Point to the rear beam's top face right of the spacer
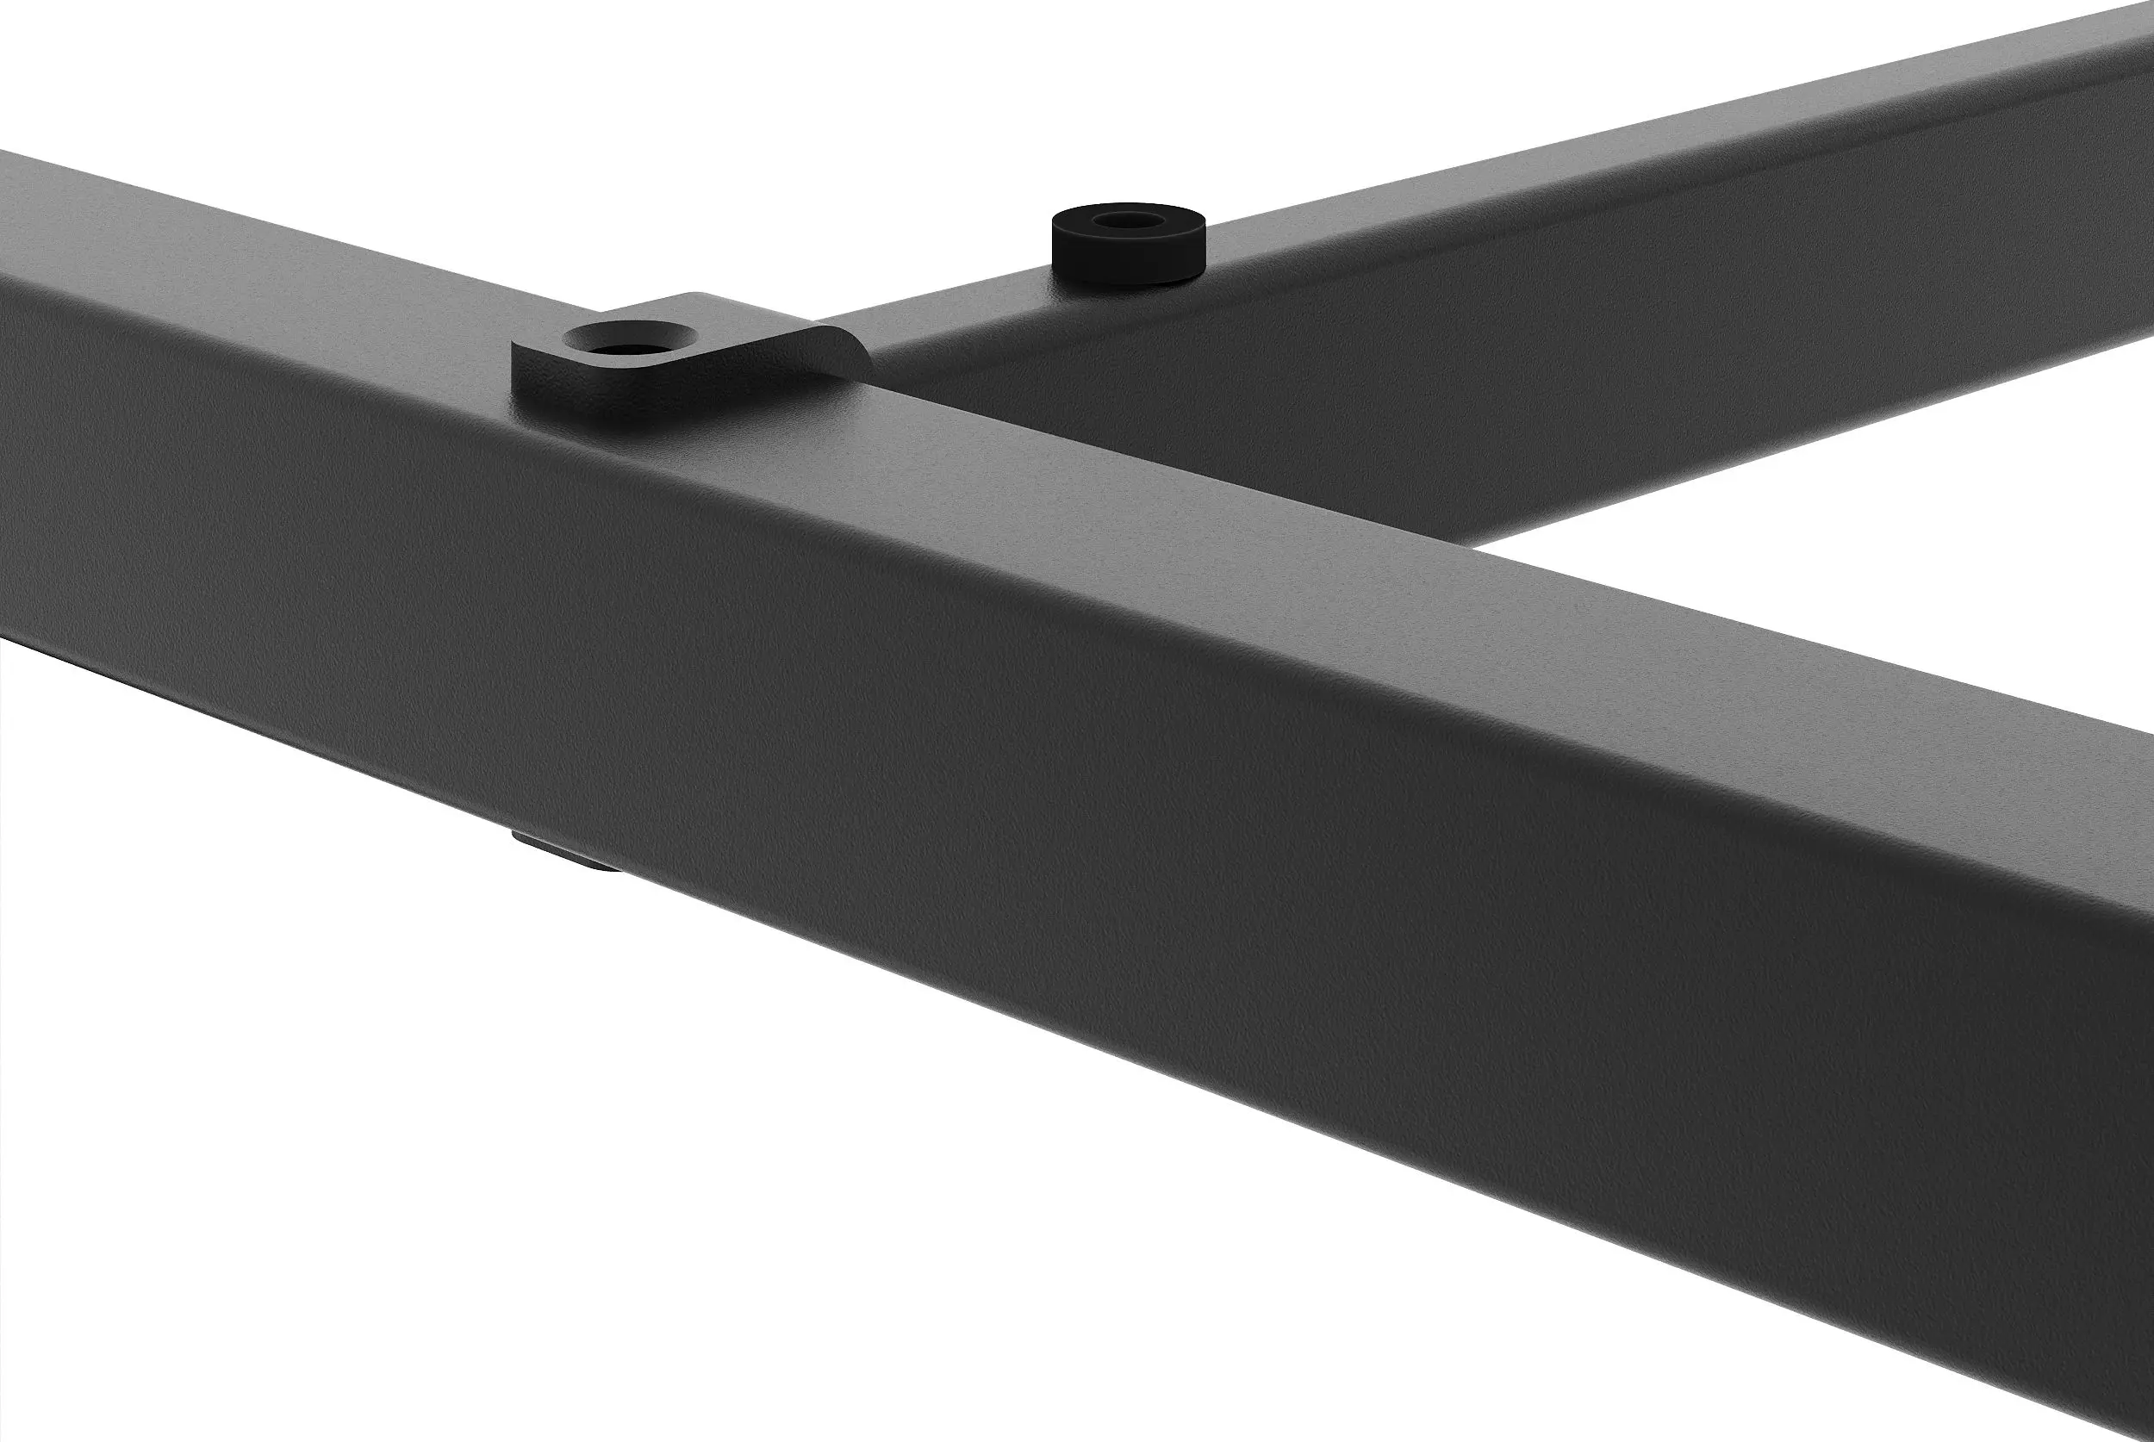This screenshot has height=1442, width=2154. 1564,184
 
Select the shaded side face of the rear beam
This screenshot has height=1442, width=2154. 1379,386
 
